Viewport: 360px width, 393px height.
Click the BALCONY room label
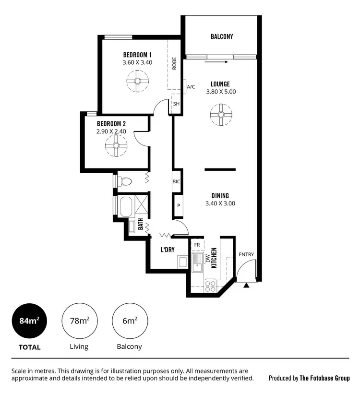click(222, 36)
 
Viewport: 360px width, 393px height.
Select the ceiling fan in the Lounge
click(221, 115)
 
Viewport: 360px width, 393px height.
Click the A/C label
click(191, 87)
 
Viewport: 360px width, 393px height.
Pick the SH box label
click(176, 104)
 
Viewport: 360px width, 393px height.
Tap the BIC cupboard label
click(177, 182)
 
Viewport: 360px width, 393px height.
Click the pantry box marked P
click(178, 205)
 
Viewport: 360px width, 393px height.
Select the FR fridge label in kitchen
click(197, 244)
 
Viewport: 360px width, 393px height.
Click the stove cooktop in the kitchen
click(210, 286)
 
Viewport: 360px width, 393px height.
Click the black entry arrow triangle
click(247, 286)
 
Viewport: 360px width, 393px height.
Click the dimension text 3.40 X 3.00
click(220, 203)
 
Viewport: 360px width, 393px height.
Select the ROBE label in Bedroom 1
click(174, 64)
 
